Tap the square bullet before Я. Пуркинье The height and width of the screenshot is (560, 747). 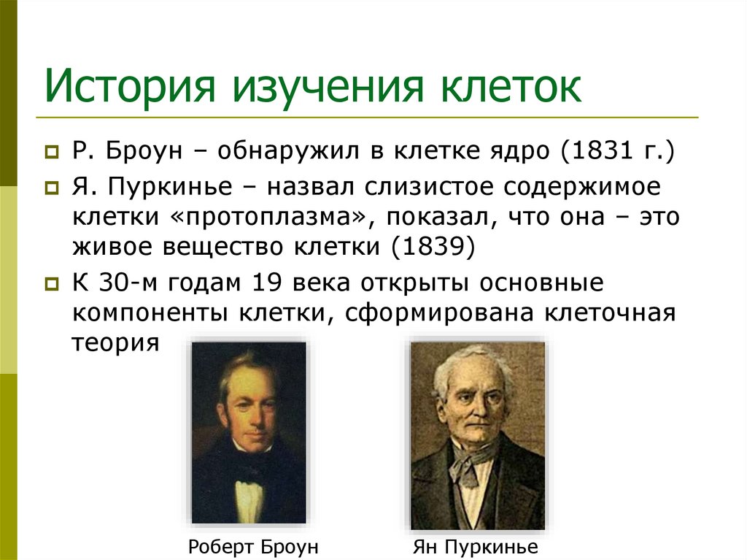tap(51, 188)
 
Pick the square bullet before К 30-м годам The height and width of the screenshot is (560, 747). tap(51, 283)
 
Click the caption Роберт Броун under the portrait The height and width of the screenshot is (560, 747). tap(253, 547)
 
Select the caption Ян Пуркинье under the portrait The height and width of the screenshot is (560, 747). tap(475, 547)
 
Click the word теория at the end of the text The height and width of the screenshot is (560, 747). tap(115, 342)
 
